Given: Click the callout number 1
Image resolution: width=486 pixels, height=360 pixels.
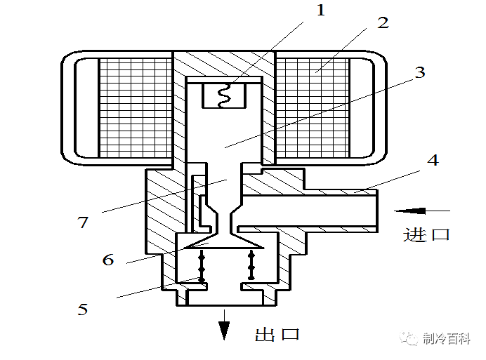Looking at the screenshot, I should [x=321, y=11].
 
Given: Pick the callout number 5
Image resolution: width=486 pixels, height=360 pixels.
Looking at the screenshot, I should [x=83, y=309].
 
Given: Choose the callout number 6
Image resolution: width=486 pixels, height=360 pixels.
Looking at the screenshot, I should [x=107, y=260].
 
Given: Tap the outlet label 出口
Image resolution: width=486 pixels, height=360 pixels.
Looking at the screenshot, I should [x=277, y=333].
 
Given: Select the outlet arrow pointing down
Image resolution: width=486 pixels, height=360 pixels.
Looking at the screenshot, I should [x=224, y=326].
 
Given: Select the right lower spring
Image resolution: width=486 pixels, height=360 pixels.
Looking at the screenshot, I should [x=251, y=265].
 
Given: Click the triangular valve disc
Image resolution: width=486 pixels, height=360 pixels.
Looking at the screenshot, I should [x=223, y=243].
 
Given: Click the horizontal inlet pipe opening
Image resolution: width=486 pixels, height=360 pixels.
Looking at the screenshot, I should [x=375, y=210].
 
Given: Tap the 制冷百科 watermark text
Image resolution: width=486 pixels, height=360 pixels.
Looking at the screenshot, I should [x=448, y=339].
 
